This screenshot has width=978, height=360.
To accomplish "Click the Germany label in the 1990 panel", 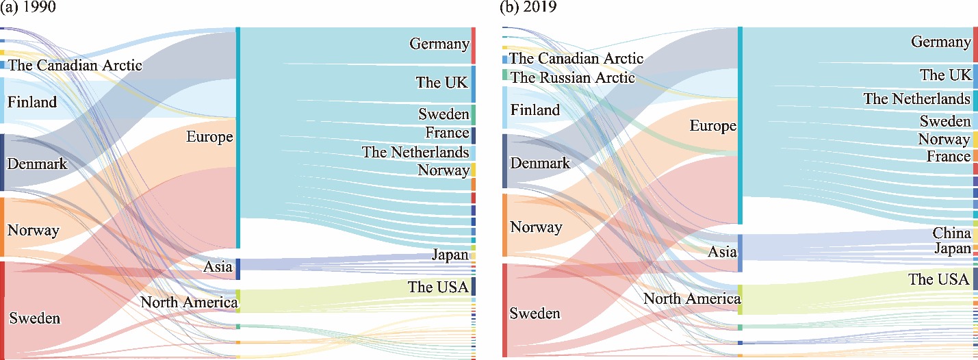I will [x=439, y=44].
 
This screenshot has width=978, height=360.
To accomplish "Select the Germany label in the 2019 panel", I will [x=940, y=42].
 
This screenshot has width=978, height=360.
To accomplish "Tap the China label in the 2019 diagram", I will [x=951, y=234].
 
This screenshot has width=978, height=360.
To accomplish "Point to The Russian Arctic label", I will [x=573, y=77].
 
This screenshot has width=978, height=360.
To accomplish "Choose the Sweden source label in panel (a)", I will [x=34, y=318].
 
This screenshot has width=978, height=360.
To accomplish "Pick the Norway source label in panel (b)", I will [x=536, y=227].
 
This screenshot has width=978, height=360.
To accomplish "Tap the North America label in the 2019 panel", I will [x=692, y=299].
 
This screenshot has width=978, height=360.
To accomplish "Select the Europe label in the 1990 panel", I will [x=209, y=137].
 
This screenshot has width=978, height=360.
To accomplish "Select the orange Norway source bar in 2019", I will [x=505, y=225].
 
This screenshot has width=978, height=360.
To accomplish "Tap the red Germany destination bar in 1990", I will [x=473, y=45].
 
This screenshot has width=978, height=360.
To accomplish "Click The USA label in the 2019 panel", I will [x=939, y=279].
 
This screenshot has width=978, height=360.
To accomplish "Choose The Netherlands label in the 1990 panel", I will [x=415, y=153].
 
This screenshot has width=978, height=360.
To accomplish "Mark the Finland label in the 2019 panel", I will [x=535, y=110].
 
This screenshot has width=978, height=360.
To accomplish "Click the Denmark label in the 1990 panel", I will [x=37, y=164].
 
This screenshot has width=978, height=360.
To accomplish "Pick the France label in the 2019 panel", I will [x=949, y=157].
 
